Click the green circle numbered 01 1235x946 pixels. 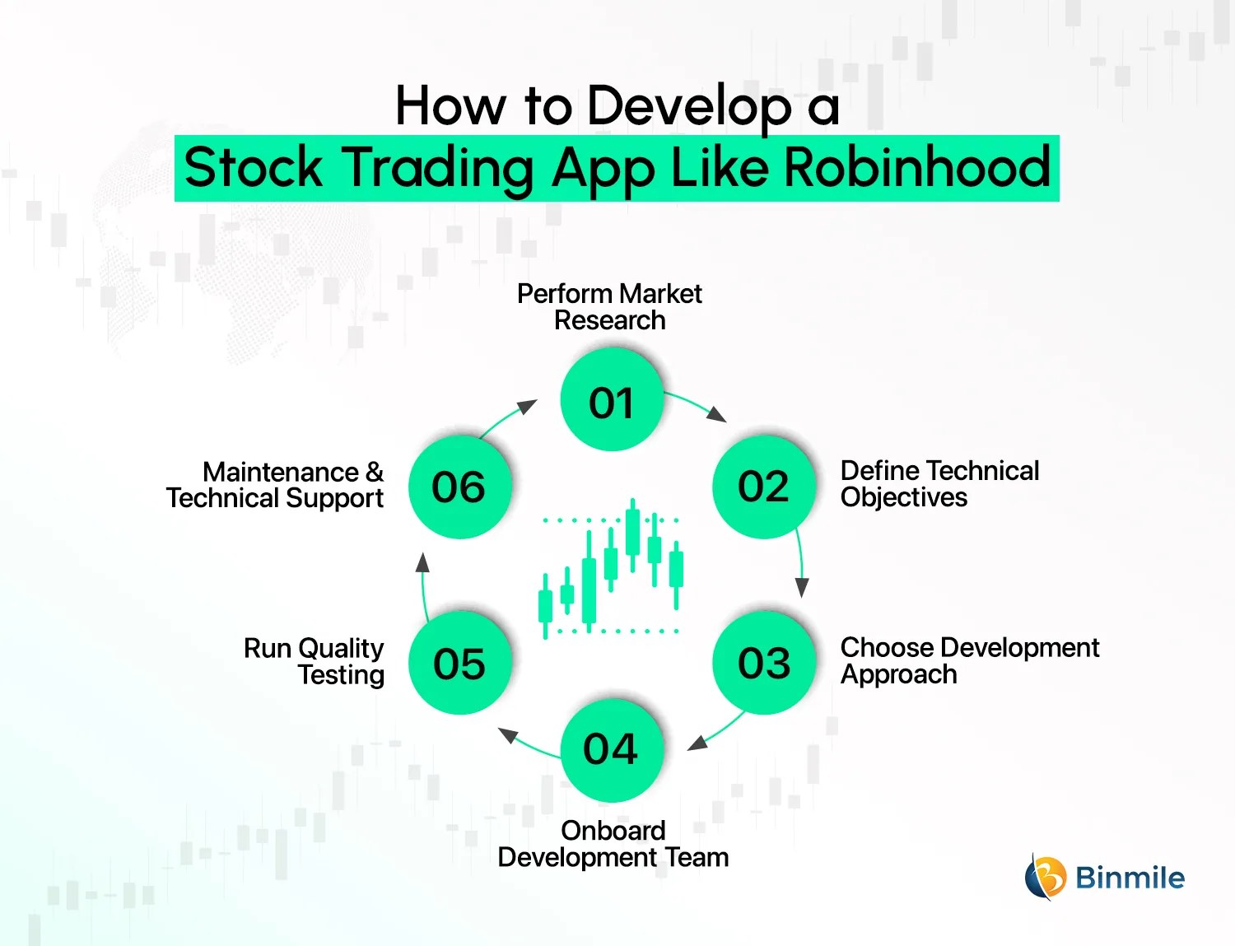pyautogui.click(x=611, y=400)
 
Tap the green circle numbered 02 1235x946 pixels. pyautogui.click(x=764, y=487)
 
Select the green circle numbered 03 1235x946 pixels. pyautogui.click(x=764, y=663)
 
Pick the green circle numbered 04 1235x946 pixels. pyautogui.click(x=611, y=750)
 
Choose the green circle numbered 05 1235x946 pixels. pyautogui.click(x=459, y=663)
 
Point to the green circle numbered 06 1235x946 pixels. pyautogui.click(x=459, y=487)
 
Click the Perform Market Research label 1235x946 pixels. pyautogui.click(x=609, y=307)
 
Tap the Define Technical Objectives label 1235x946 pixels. pyautogui.click(x=939, y=484)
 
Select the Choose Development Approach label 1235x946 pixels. pyautogui.click(x=968, y=661)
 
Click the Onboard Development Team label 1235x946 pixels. pyautogui.click(x=613, y=844)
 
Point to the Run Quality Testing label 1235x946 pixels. pyautogui.click(x=315, y=661)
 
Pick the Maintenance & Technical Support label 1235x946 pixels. pyautogui.click(x=275, y=485)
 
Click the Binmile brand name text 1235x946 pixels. pyautogui.click(x=1130, y=878)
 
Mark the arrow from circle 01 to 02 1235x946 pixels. pyautogui.click(x=697, y=404)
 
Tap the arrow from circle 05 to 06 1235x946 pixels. pyautogui.click(x=423, y=585)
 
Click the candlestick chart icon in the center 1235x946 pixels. pyautogui.click(x=611, y=568)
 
